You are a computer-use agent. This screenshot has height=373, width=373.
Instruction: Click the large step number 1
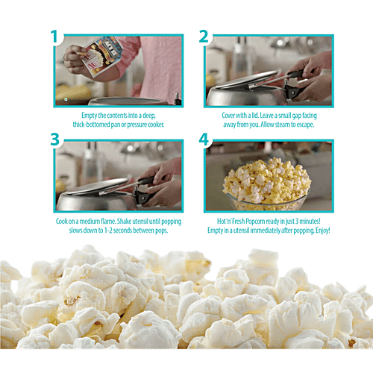coord(54,37)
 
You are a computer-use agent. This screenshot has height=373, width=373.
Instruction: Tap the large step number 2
coord(204,37)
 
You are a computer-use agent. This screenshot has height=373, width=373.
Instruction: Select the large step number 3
coord(55,140)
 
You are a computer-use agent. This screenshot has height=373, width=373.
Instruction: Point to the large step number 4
coord(204,140)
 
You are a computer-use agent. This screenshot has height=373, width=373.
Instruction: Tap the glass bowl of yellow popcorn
coord(267,185)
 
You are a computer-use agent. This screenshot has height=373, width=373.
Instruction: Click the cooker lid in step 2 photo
coord(246,80)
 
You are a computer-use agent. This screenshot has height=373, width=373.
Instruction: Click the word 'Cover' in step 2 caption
coord(228,116)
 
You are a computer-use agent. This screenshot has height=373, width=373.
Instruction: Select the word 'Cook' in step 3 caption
coord(61,221)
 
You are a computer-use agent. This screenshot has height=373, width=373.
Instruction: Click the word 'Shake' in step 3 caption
coord(124,221)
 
